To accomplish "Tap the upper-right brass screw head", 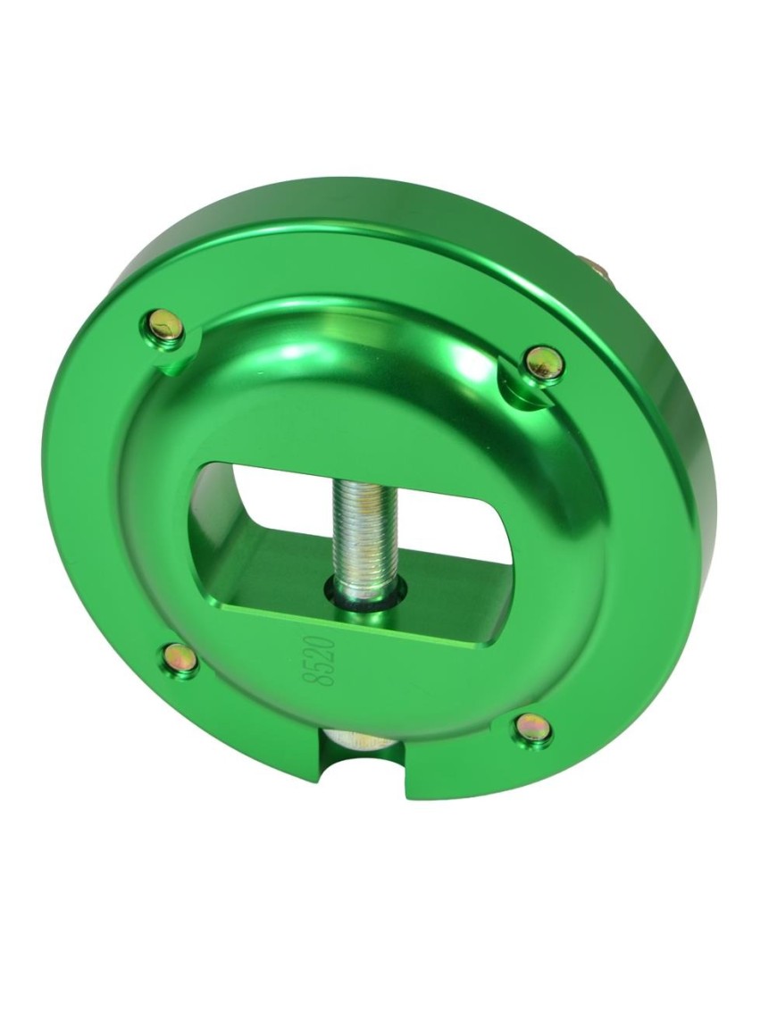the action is [x=545, y=364].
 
